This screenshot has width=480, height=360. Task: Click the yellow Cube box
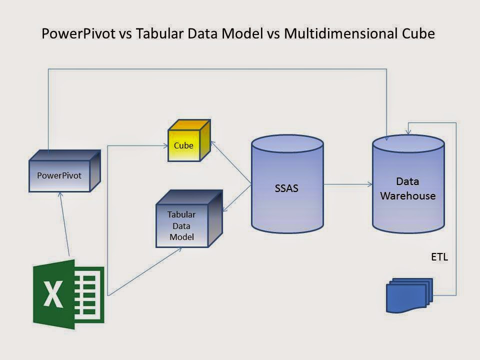[x=184, y=145]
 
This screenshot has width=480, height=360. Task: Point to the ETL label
[x=439, y=257]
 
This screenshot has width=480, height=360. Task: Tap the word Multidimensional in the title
[x=346, y=34]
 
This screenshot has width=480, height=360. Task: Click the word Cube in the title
[x=418, y=34]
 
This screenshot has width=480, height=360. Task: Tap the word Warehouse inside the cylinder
[x=408, y=195]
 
